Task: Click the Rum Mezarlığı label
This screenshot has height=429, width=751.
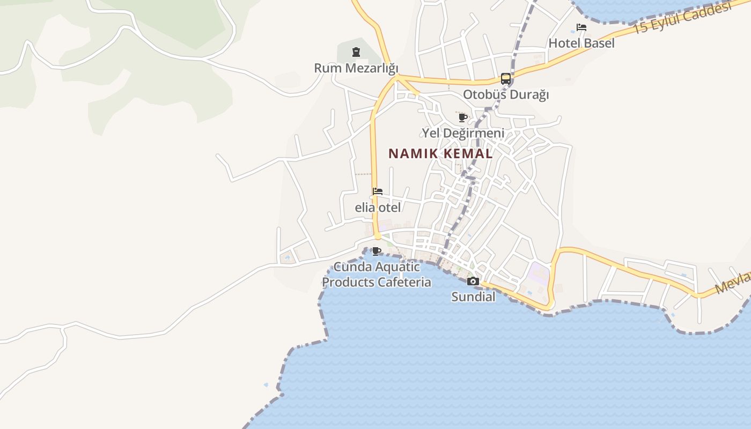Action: pos(356,68)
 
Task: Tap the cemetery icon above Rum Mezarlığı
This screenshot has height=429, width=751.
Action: pos(356,52)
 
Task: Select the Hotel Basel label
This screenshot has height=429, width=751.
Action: pos(581,43)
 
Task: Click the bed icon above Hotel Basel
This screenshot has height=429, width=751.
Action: pos(581,27)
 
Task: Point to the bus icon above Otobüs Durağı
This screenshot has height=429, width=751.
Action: pos(506,79)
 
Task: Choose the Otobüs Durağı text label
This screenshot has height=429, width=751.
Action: pos(506,94)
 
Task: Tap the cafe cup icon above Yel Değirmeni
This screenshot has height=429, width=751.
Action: pos(463,117)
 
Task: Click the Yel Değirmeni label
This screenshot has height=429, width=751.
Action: pos(463,132)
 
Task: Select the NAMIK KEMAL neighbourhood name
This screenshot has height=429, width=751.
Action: pos(440,153)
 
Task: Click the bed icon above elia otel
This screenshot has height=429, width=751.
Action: pos(378,191)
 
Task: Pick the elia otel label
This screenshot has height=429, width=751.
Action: pos(378,207)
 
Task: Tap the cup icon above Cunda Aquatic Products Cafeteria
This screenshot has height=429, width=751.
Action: pos(377,251)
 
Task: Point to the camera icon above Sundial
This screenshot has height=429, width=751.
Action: pos(473,282)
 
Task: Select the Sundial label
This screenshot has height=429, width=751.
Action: pos(473,297)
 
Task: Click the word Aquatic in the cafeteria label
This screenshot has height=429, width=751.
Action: pos(397,267)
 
